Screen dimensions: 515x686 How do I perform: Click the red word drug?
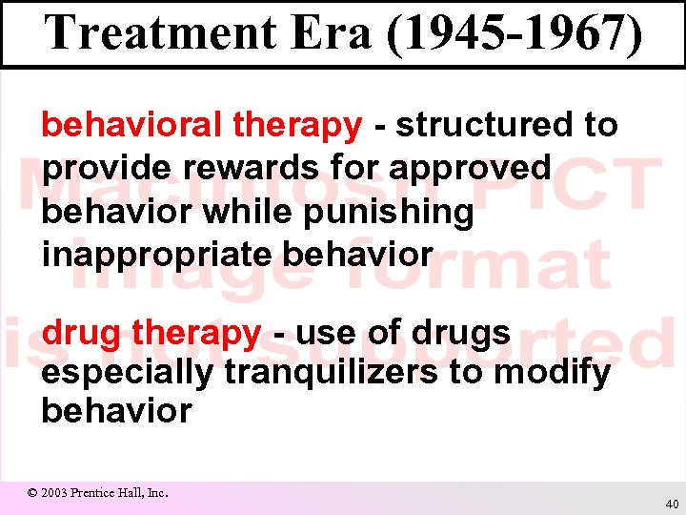pyautogui.click(x=83, y=334)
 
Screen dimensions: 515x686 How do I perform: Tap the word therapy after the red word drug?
pyautogui.click(x=196, y=334)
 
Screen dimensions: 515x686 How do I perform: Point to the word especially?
pyautogui.click(x=127, y=373)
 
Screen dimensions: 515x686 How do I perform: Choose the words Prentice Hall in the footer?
pyautogui.click(x=111, y=493)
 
